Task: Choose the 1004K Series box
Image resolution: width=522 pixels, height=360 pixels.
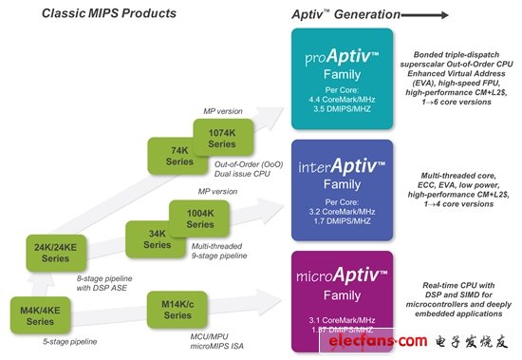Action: (x=199, y=217)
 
